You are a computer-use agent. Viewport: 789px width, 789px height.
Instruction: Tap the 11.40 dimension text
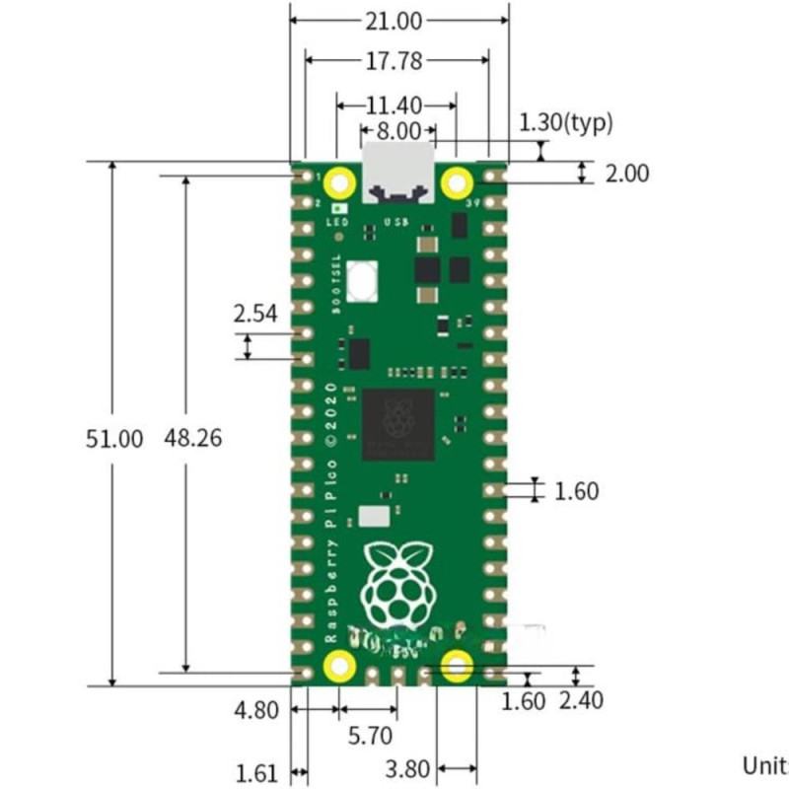(394, 105)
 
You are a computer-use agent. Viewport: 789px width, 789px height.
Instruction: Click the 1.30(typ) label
(566, 122)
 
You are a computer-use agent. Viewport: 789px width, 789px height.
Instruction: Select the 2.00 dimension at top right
(627, 174)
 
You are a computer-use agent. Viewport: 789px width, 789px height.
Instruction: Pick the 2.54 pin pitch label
(255, 315)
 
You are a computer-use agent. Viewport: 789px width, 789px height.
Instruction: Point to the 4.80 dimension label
(255, 710)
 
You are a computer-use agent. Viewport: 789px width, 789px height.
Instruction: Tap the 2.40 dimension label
(581, 701)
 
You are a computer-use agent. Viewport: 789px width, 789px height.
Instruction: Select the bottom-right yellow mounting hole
(456, 667)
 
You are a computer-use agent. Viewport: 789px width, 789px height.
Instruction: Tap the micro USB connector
(397, 173)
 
